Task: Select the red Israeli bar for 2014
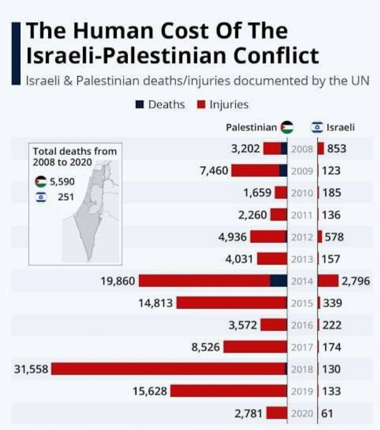point(328,281)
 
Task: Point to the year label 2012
point(302,237)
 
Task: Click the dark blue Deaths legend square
point(140,105)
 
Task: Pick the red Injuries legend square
point(201,105)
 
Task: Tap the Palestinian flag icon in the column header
point(287,127)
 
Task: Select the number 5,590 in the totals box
point(62,182)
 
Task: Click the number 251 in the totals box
point(66,197)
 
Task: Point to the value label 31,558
point(31,369)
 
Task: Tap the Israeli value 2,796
point(355,281)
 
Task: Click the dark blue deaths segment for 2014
point(278,281)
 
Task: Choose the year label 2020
point(302,413)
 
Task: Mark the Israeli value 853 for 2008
point(337,148)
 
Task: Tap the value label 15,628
point(150,391)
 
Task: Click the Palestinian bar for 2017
point(255,347)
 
